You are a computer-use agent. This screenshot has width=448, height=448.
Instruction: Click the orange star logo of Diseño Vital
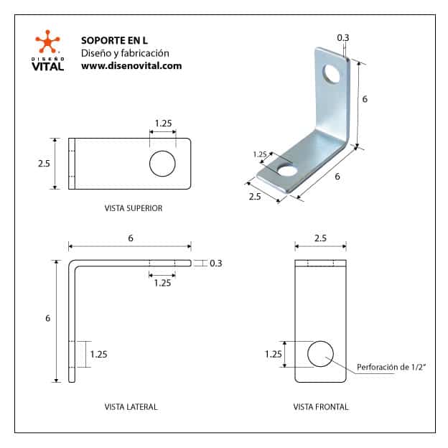tap(47, 42)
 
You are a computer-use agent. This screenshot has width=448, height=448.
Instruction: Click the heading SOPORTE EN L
tap(114, 41)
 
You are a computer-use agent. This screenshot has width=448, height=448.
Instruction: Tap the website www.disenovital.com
tap(131, 66)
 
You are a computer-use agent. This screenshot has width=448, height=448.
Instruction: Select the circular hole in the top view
tap(162, 164)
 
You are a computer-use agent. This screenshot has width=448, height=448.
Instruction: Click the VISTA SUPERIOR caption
tap(134, 208)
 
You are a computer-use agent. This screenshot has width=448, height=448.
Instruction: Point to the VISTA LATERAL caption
tap(131, 407)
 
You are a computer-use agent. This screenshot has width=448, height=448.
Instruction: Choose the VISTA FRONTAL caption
tap(321, 407)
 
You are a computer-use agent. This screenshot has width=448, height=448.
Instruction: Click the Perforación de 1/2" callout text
tap(391, 367)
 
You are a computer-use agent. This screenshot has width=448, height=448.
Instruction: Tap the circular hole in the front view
tap(320, 354)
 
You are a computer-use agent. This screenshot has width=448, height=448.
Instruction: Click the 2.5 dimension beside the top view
tap(44, 164)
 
